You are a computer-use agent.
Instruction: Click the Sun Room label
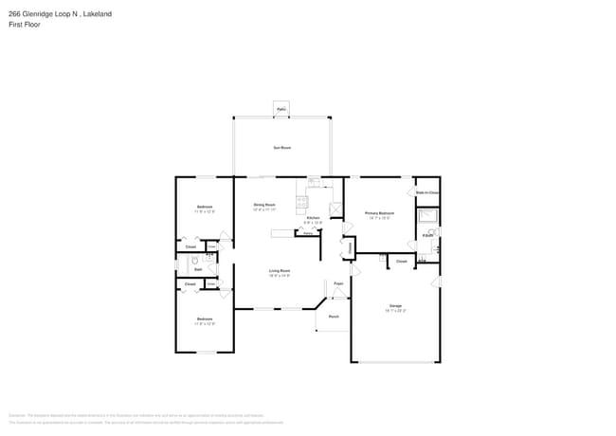[281, 148]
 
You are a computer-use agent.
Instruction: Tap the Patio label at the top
[281, 110]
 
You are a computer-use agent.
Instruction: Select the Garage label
[395, 305]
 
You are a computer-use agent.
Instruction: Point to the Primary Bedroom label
[379, 213]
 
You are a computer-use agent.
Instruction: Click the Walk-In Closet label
[427, 192]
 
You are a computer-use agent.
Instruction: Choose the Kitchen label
[312, 218]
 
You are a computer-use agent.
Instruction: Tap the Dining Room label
[263, 205]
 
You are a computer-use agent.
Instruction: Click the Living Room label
[279, 271]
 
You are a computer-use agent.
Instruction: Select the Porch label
[334, 316]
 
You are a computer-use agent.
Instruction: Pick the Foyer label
[337, 282]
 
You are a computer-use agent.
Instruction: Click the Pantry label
[308, 232]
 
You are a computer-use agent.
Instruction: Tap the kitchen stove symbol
[302, 200]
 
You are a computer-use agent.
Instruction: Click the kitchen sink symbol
[314, 182]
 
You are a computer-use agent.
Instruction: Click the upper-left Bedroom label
[205, 207]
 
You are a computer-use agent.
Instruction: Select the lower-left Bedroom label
[205, 318]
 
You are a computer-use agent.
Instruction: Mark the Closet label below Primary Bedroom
[401, 261]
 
